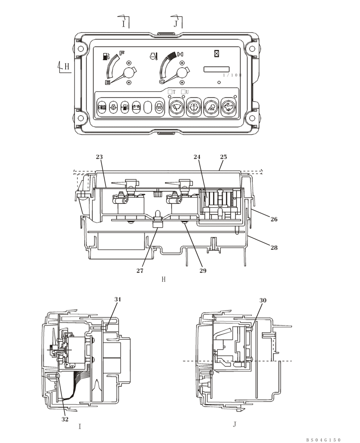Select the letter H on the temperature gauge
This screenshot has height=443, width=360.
click(180, 54)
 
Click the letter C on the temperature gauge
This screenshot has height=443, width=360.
click(162, 81)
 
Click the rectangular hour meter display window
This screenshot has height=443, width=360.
click(216, 69)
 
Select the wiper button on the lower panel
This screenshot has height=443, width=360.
click(176, 107)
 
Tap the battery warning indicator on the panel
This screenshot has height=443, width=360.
click(136, 107)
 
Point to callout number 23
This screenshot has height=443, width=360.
click(99, 157)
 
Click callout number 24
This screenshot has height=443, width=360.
click(197, 157)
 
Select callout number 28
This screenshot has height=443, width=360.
click(274, 248)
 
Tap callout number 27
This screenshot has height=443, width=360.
click(140, 270)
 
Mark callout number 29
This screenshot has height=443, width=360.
click(203, 270)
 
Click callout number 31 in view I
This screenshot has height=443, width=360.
click(117, 299)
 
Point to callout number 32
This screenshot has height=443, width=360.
click(65, 419)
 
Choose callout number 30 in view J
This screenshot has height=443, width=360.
click(262, 300)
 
